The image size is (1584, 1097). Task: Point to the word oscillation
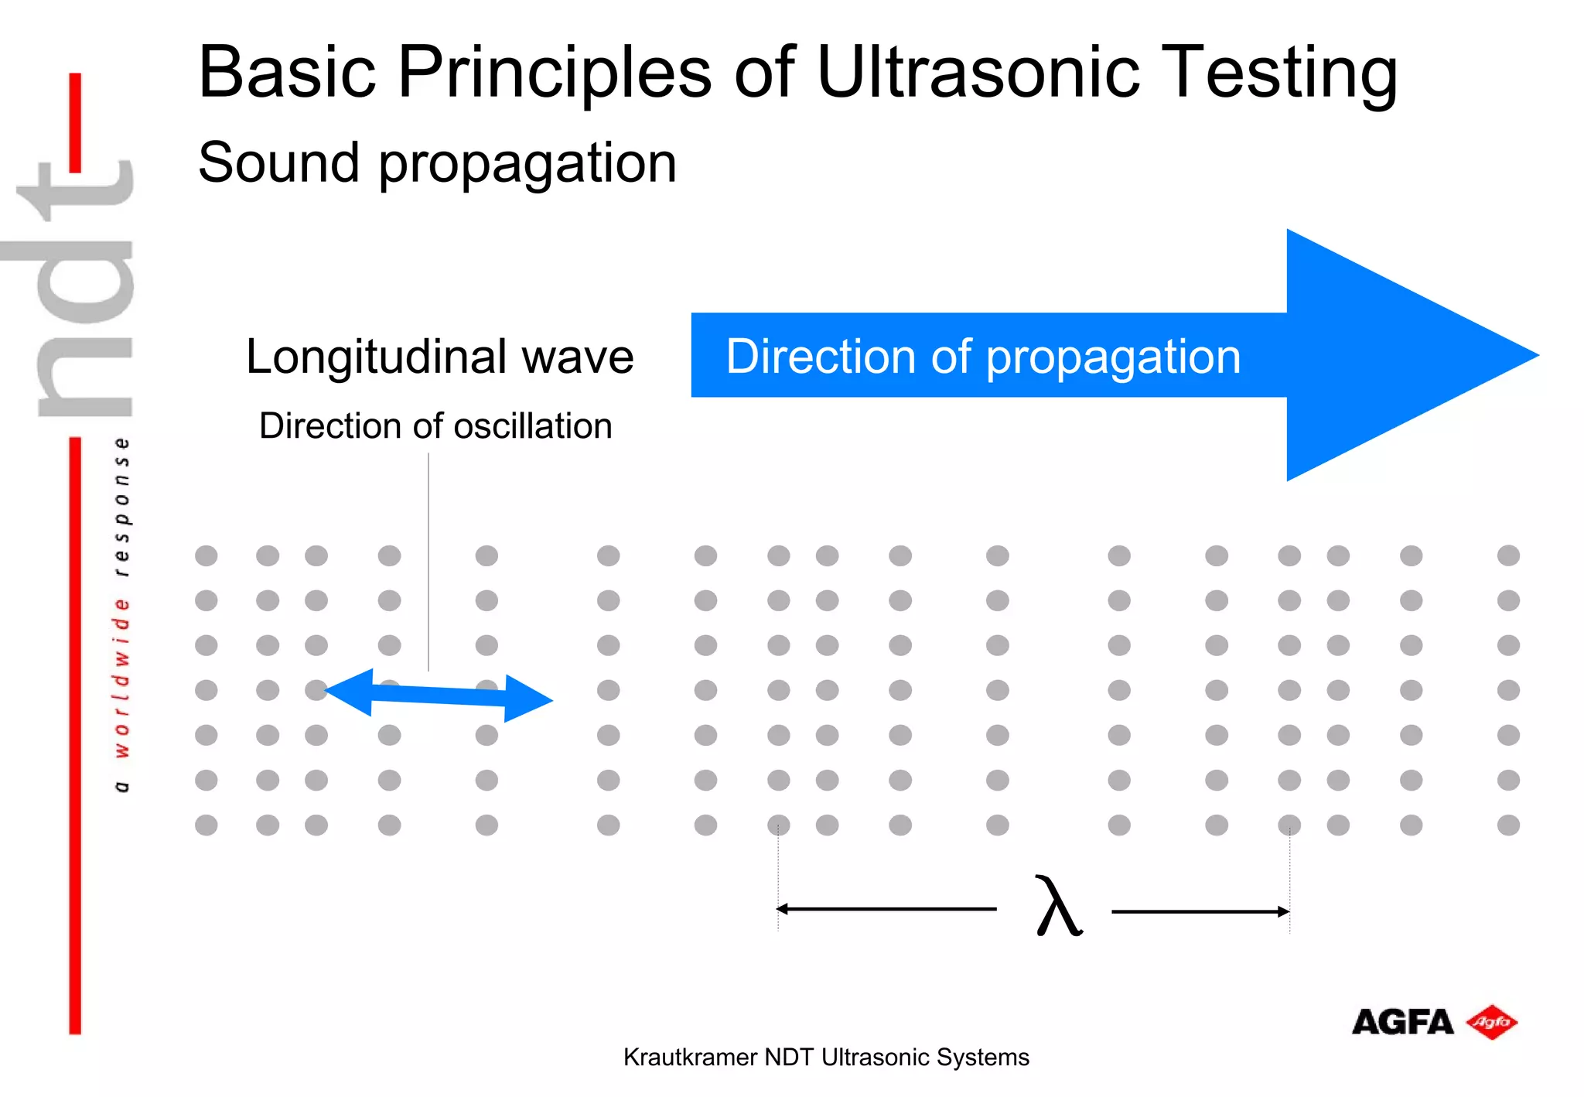tap(533, 426)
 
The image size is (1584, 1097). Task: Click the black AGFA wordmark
tap(1402, 1022)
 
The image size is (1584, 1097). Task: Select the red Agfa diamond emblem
tap(1491, 1022)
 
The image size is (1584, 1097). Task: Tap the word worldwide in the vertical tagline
tap(121, 677)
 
